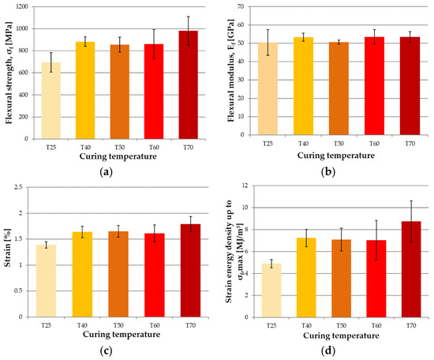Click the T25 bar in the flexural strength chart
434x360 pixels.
tap(51, 100)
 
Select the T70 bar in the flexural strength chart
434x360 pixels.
tap(189, 84)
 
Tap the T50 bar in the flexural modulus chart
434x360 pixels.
tap(339, 88)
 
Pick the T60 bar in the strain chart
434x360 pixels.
tap(155, 275)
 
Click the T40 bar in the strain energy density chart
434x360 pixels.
tap(306, 277)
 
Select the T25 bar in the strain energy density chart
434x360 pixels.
tap(271, 291)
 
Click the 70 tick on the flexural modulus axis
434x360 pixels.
tap(241, 6)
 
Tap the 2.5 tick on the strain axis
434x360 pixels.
tap(18, 187)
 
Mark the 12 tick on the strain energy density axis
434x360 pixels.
tap(245, 186)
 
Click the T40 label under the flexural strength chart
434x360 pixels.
tap(85, 148)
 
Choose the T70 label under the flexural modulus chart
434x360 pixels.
tap(410, 144)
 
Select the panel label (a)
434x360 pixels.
tap(106, 172)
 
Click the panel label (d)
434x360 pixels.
tap(328, 351)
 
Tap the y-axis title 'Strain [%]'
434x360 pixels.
tap(7, 248)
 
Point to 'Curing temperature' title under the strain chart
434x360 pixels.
tap(122, 334)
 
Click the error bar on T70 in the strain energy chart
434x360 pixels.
tap(411, 221)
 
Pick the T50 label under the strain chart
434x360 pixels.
tap(118, 325)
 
